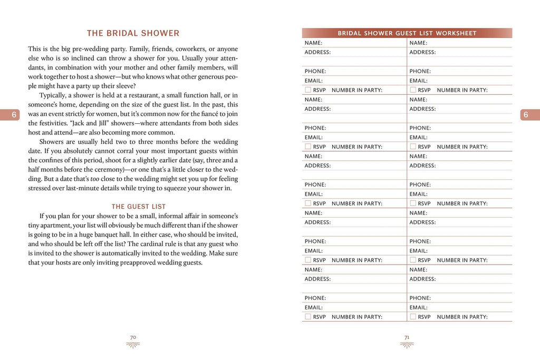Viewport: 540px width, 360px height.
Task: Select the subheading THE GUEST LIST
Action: [138, 207]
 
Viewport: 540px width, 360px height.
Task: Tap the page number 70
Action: [133, 336]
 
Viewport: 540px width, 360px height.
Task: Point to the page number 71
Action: [407, 336]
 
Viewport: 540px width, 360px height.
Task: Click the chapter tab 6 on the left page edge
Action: [15, 115]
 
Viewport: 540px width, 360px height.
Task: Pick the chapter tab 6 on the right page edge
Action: [525, 115]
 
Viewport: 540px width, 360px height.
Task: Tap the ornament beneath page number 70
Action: [133, 345]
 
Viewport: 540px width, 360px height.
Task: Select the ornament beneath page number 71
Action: [407, 345]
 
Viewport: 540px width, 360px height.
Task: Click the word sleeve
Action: [125, 86]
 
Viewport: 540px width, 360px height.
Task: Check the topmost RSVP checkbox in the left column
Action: [308, 90]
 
